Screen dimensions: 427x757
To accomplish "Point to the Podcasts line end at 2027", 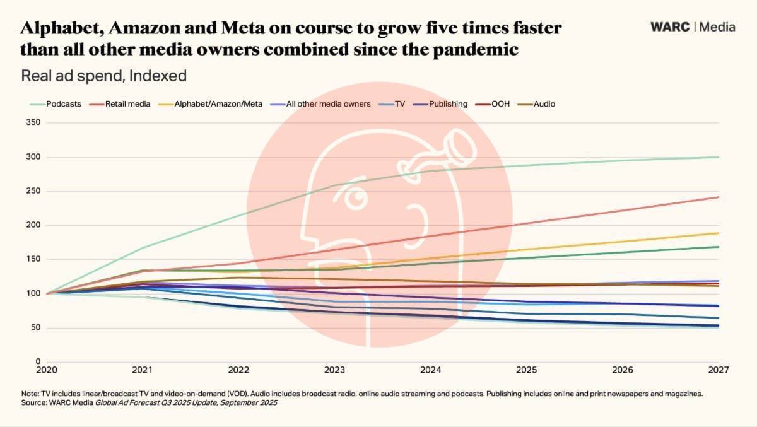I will click(719, 157).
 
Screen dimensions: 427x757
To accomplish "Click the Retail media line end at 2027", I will click(719, 197).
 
